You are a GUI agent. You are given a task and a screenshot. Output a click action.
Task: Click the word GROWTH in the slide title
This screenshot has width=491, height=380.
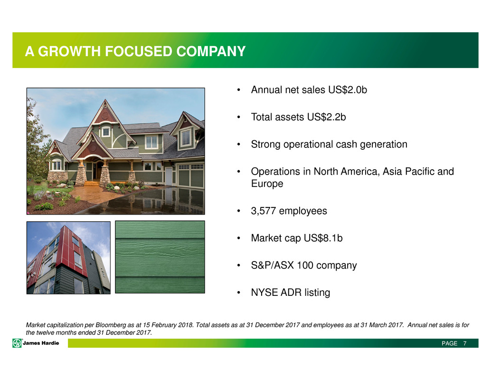click(x=69, y=51)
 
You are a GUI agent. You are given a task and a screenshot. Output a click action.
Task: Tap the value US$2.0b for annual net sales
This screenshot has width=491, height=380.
click(x=347, y=90)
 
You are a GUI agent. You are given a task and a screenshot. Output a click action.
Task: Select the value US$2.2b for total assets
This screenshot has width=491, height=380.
click(x=326, y=117)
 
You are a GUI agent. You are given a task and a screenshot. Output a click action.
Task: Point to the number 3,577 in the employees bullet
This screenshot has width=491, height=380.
click(x=263, y=211)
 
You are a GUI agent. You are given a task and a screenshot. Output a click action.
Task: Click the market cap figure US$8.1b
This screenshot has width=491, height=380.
click(x=323, y=238)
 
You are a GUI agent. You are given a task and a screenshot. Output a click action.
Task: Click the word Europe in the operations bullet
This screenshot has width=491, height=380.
click(x=267, y=184)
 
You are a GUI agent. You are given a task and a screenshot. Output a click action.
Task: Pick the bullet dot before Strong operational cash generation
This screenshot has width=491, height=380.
click(x=238, y=145)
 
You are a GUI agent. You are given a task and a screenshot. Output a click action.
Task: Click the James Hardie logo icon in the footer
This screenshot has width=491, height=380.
click(x=17, y=343)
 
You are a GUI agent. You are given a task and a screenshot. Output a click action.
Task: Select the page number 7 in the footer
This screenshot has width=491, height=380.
click(x=465, y=343)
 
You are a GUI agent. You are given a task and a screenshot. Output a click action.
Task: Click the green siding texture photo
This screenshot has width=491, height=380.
click(x=160, y=257)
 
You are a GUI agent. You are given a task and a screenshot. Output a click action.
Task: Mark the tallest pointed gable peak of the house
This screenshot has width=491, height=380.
click(x=105, y=100)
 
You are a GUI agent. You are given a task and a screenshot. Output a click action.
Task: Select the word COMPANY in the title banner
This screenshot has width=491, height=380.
click(x=211, y=51)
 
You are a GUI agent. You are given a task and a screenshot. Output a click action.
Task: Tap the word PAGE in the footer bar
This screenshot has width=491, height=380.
click(x=449, y=343)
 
